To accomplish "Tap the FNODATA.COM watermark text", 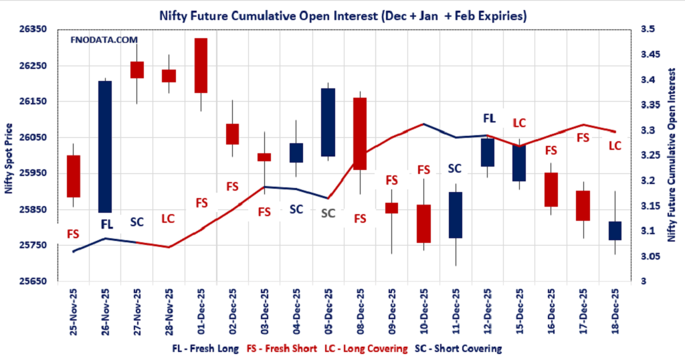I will [104, 41].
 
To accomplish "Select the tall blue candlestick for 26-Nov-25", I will [105, 146].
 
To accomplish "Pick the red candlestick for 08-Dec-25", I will [359, 133].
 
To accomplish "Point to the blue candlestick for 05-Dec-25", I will [328, 122].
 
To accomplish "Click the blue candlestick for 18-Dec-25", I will [614, 231].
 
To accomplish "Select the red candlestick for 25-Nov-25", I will [73, 176].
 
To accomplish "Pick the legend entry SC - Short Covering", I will [458, 349].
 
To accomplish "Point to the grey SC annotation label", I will [328, 213].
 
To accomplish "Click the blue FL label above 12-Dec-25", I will [489, 118].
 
